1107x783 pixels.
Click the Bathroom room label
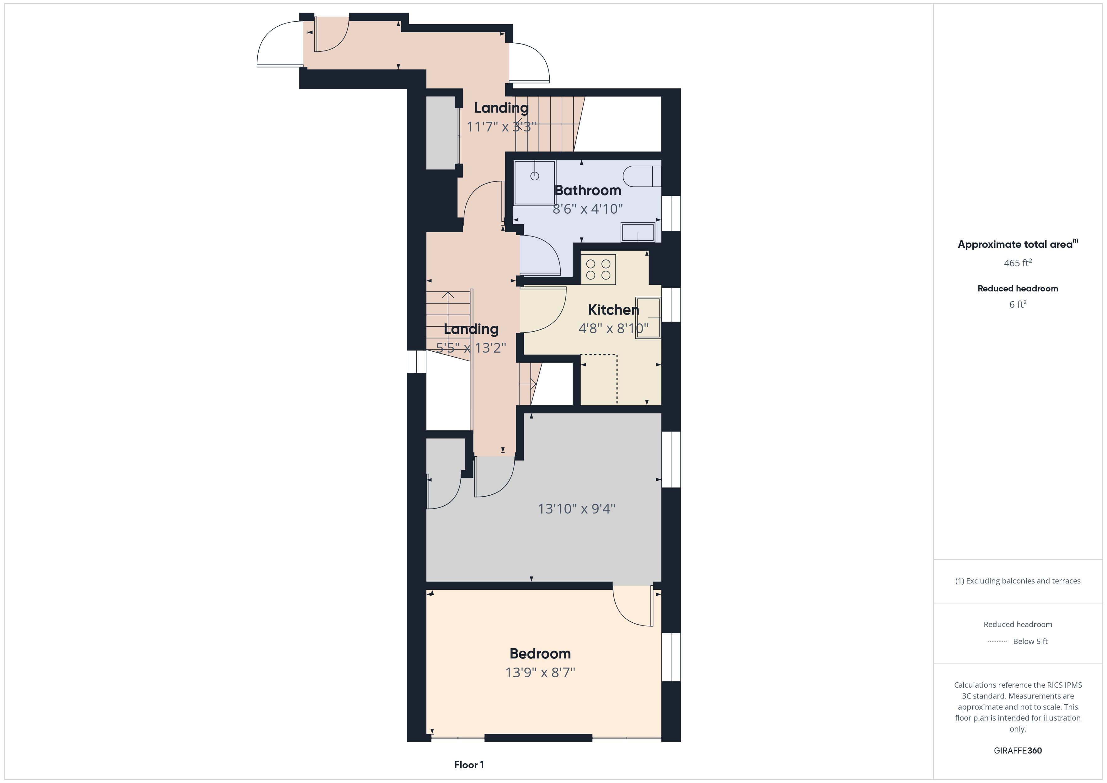click(x=588, y=190)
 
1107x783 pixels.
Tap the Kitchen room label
click(x=613, y=310)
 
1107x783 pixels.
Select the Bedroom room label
click(x=540, y=653)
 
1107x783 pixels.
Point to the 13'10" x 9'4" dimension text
click(x=577, y=509)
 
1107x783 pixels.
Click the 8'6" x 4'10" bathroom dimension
click(x=588, y=209)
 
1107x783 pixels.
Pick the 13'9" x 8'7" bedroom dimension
click(x=540, y=672)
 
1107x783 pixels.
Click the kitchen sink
click(x=648, y=318)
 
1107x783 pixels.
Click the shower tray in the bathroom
click(x=535, y=183)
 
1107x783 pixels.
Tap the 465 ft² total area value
click(x=1018, y=263)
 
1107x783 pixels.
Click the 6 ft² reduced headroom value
click(x=1018, y=304)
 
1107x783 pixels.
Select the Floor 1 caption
click(x=469, y=765)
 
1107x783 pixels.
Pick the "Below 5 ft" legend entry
click(x=1030, y=641)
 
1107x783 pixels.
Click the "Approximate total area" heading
click(x=1015, y=244)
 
